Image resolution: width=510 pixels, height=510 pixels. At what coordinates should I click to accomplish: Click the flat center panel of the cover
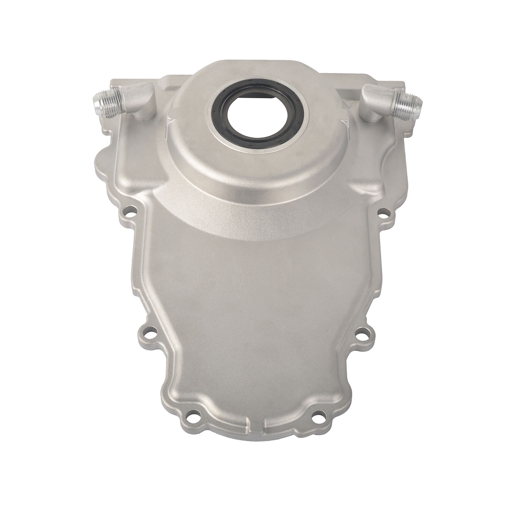pos(255,303)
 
